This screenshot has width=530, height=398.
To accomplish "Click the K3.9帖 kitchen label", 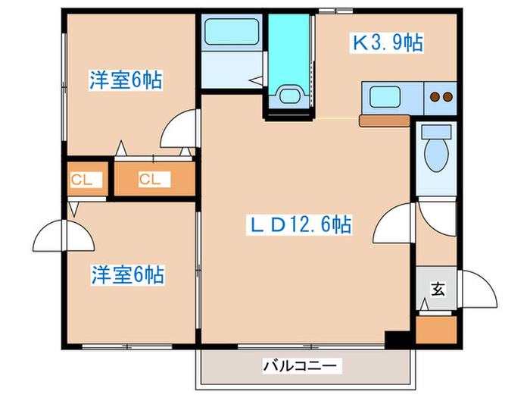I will [x=386, y=44].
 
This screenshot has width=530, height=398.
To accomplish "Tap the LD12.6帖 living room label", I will [x=301, y=224].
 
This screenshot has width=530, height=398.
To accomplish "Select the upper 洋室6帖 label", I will [x=126, y=80].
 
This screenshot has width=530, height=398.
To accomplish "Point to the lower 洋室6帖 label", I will [x=126, y=274].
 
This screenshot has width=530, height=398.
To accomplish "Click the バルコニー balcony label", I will [x=299, y=365].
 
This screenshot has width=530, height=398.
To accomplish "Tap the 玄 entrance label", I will [x=438, y=289].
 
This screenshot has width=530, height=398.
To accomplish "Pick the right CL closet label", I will [x=149, y=180].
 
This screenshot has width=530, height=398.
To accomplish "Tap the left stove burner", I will [x=435, y=97].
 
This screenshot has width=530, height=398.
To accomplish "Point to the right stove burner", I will [x=447, y=97].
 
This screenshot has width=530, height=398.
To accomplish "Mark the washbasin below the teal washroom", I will [x=288, y=96].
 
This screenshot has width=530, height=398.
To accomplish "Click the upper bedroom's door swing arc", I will [x=179, y=129].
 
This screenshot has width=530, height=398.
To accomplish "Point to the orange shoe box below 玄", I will [x=437, y=330].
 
